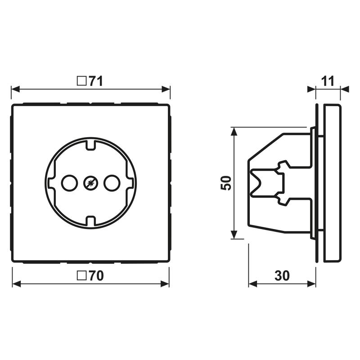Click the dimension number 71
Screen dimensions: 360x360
pyautogui.click(x=96, y=81)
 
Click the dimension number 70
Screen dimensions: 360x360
pyautogui.click(x=96, y=276)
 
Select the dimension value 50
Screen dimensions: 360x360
pyautogui.click(x=227, y=182)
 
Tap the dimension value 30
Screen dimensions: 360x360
pyautogui.click(x=282, y=276)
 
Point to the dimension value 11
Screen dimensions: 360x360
pyautogui.click(x=328, y=81)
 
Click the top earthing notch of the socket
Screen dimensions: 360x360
pyautogui.click(x=90, y=144)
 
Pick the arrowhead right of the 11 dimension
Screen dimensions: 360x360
pyautogui.click(x=344, y=89)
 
